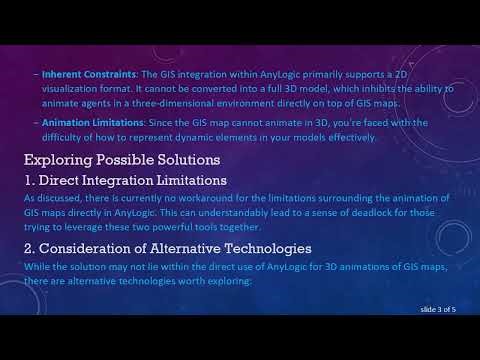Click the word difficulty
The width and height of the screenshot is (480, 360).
tap(65, 138)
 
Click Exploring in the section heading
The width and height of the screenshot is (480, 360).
tap(60, 159)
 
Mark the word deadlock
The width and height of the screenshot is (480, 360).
tap(375, 211)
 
